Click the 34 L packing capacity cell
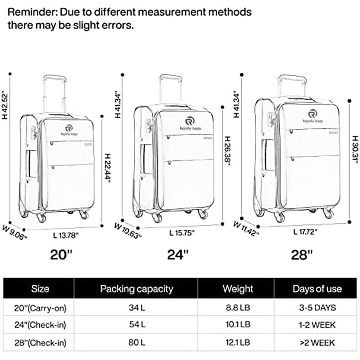(x=136, y=307)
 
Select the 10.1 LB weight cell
(x=238, y=325)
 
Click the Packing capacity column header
(x=136, y=289)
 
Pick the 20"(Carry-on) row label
(x=40, y=307)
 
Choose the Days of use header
(x=317, y=289)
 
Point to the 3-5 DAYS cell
(x=317, y=307)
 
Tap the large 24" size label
(x=177, y=255)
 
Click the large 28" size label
(x=302, y=255)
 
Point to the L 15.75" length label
(x=181, y=233)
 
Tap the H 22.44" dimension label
(x=108, y=168)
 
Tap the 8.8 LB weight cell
(x=238, y=307)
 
